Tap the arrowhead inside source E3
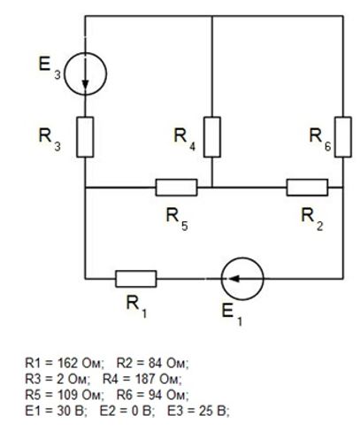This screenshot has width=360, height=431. (x=85, y=84)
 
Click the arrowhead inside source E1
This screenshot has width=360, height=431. (x=234, y=279)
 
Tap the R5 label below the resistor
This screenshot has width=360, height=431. (x=177, y=218)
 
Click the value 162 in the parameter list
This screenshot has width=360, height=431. (x=68, y=363)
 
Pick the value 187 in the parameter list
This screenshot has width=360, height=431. (x=145, y=379)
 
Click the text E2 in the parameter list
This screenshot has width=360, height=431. (x=109, y=411)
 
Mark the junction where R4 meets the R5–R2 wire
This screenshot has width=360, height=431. (x=212, y=188)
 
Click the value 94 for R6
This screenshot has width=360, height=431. (x=155, y=395)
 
